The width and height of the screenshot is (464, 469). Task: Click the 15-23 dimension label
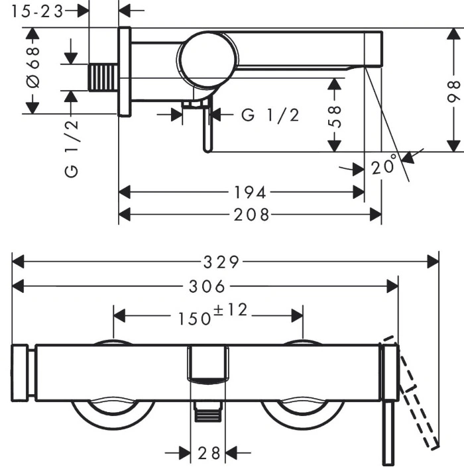[37, 12]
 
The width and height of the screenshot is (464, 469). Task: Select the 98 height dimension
[453, 91]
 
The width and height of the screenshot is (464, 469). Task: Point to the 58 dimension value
[335, 117]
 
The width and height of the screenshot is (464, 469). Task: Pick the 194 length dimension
[250, 192]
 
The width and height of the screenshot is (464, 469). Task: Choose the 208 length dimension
[251, 215]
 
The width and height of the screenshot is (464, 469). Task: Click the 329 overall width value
[221, 262]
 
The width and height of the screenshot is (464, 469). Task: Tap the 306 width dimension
[207, 287]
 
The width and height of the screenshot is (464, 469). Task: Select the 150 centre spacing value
[195, 318]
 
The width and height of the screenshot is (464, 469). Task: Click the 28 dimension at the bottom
[209, 453]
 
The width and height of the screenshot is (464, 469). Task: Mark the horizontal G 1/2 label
[270, 115]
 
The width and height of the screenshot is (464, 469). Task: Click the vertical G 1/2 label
[72, 148]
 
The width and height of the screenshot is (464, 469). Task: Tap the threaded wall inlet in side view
[103, 78]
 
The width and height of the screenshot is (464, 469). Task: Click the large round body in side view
[207, 60]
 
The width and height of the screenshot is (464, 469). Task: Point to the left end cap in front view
[20, 373]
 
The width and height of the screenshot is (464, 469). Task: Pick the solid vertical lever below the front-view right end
[388, 433]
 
